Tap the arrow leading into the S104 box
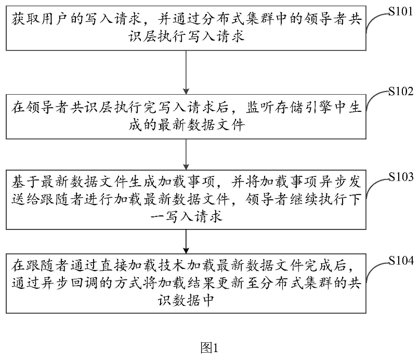tap(186, 239)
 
